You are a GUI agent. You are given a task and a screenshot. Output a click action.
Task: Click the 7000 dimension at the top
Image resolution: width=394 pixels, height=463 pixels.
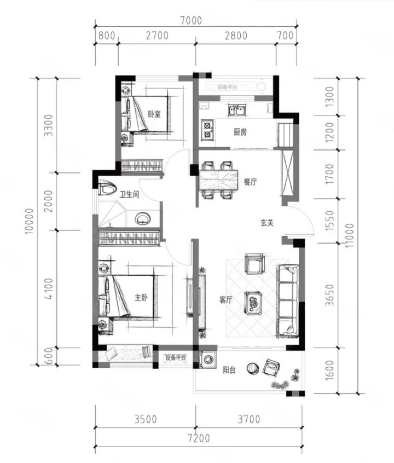(x=191, y=20)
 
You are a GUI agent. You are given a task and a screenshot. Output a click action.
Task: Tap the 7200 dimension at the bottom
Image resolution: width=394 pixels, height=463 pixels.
(x=199, y=438)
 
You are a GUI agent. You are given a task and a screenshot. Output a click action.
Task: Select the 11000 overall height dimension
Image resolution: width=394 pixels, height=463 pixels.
(x=349, y=236)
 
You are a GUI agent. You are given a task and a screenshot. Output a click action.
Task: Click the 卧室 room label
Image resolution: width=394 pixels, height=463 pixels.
(x=154, y=114)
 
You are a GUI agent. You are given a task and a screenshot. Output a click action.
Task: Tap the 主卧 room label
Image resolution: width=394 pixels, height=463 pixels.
(x=141, y=298)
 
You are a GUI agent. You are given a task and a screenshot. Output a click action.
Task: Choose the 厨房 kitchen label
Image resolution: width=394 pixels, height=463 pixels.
(x=240, y=132)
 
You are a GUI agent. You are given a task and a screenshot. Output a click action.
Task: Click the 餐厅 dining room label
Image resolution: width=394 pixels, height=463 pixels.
(x=250, y=182)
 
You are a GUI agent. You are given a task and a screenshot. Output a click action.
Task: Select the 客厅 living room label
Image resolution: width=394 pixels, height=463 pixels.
(x=225, y=300)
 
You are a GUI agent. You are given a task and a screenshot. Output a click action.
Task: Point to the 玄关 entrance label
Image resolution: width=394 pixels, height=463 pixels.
(x=267, y=223)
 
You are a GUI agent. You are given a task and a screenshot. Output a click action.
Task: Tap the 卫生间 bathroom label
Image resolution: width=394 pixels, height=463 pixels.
(x=129, y=194)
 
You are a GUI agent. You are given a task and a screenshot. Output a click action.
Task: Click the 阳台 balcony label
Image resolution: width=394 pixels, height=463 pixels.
(x=229, y=370)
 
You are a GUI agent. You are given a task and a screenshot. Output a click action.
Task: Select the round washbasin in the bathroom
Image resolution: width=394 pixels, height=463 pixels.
(x=143, y=219)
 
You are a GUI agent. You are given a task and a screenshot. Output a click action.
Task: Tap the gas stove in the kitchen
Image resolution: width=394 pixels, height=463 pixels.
(x=207, y=129)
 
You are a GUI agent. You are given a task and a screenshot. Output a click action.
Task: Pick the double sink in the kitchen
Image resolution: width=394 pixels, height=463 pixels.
(x=237, y=111)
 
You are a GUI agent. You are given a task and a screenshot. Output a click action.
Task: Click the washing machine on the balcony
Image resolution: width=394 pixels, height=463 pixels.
(x=208, y=360)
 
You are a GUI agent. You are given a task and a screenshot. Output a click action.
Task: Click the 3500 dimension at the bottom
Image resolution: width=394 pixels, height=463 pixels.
(x=146, y=419)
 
